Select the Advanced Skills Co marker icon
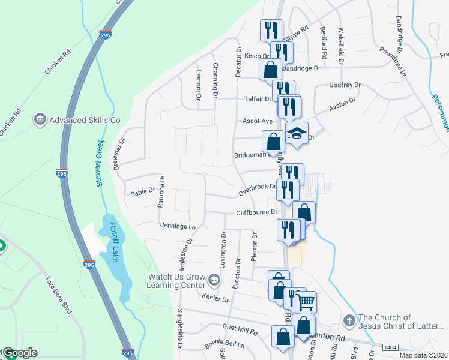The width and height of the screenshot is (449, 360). point(40,119)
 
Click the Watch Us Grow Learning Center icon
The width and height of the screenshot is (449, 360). point(214,280)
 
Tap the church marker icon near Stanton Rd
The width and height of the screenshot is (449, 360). point(349,321)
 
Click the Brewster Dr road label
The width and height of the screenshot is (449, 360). point(119,155)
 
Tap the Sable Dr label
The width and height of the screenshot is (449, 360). point(143,193)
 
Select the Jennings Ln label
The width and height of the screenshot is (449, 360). point(178,226)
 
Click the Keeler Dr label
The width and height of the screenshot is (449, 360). point(216,298)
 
